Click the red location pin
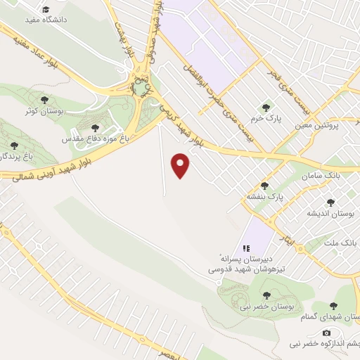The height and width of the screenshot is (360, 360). click(x=182, y=165)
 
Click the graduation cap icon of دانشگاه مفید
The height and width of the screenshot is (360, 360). click(x=46, y=10)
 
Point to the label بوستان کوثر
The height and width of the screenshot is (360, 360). click(x=40, y=112)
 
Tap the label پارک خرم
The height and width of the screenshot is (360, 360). click(x=268, y=119)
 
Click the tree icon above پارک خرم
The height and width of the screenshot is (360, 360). click(x=266, y=108)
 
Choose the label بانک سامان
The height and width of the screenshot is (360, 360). click(x=323, y=173)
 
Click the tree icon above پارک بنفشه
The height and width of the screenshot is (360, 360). click(x=264, y=186)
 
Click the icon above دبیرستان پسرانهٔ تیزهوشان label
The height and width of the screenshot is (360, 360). click(x=245, y=248)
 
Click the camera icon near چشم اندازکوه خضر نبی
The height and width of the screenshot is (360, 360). click(x=326, y=333)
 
